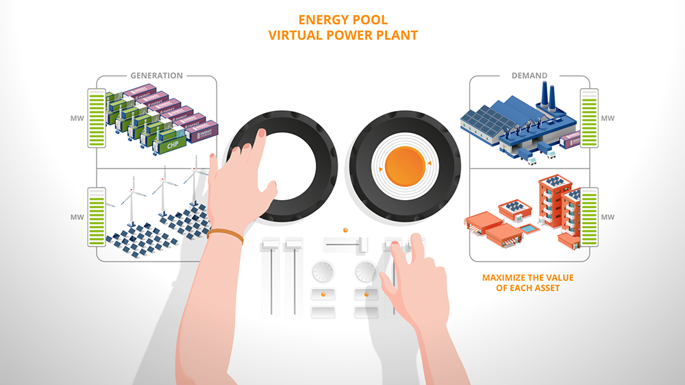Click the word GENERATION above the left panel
[157, 75]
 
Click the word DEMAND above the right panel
[529, 75]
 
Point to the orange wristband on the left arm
[225, 236]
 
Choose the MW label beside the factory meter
[608, 119]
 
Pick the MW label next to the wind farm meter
[78, 217]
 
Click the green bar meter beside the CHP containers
[96, 118]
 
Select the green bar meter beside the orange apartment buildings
[589, 217]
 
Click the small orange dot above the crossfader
[345, 229]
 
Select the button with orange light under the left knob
[323, 295]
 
